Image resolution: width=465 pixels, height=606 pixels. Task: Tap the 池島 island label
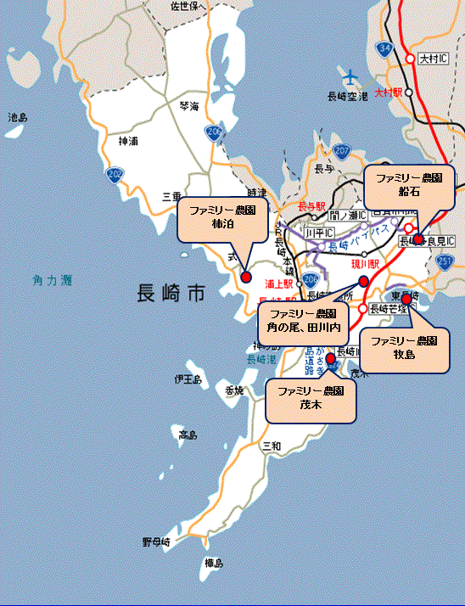pos(19,118)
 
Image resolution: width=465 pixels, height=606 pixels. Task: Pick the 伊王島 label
pos(187,379)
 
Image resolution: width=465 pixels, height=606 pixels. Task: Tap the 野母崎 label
pos(156,541)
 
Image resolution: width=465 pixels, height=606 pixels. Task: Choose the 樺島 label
pos(213,563)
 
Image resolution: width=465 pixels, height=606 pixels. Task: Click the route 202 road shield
pos(115,175)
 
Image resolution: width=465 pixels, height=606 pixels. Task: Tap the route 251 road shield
pos(446,263)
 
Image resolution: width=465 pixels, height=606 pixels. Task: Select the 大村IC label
pos(434,60)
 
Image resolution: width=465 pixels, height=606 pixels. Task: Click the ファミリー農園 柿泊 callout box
pos(222,219)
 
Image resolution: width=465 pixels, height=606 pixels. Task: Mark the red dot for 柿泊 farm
pos(246,277)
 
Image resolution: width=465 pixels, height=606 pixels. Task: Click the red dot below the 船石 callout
pos(417,239)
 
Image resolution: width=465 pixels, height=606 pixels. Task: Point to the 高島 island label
pos(188,435)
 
